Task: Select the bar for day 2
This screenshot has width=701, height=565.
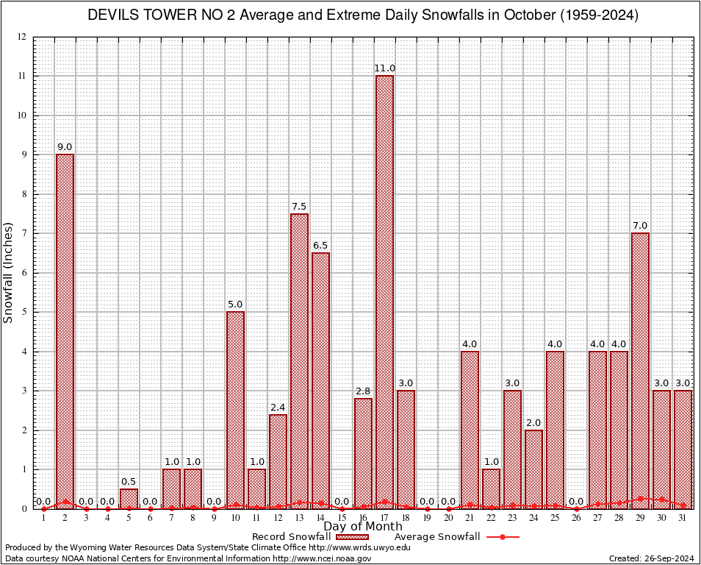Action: pyautogui.click(x=65, y=331)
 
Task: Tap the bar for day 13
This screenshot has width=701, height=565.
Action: pyautogui.click(x=299, y=360)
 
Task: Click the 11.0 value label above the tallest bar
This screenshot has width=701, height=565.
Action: pyautogui.click(x=384, y=68)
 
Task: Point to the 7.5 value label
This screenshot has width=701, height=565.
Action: pyautogui.click(x=299, y=207)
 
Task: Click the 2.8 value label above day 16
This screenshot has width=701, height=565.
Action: pyautogui.click(x=363, y=391)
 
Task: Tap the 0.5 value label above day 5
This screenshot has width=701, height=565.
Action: pyautogui.click(x=129, y=482)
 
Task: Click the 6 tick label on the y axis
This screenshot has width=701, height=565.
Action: pyautogui.click(x=24, y=273)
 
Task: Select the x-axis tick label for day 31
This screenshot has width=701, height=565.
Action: pyautogui.click(x=683, y=518)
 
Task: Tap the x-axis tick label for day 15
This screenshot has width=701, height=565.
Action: pyautogui.click(x=342, y=518)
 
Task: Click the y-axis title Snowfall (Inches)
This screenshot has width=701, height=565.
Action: pyautogui.click(x=9, y=273)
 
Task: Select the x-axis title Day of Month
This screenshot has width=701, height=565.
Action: pyautogui.click(x=362, y=527)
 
